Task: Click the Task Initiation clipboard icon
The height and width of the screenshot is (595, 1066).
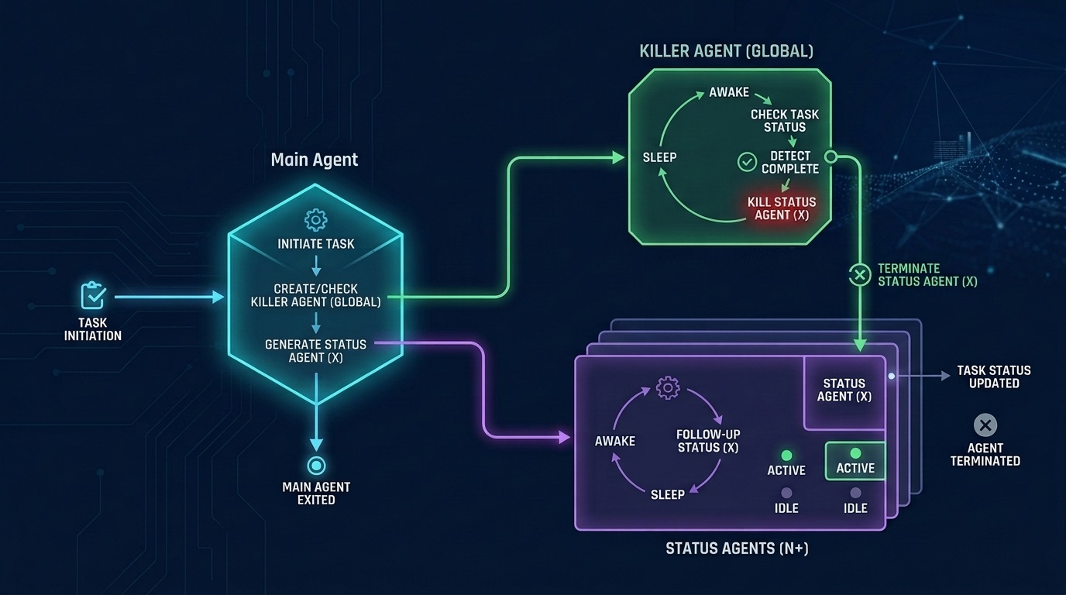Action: tap(93, 296)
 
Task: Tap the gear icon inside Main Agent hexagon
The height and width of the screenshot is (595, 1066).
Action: tap(315, 219)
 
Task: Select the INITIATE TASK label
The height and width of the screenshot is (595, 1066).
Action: tap(316, 244)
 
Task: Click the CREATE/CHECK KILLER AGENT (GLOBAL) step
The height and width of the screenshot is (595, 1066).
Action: tap(316, 295)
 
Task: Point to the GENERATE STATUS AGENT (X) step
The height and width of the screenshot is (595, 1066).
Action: tap(315, 351)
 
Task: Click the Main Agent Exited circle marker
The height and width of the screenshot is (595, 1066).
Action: tap(316, 466)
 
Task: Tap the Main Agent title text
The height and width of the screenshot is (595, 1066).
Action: tap(315, 160)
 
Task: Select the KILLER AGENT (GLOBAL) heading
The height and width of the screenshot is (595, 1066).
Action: tap(726, 52)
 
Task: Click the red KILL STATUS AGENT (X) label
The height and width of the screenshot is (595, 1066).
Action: tap(782, 208)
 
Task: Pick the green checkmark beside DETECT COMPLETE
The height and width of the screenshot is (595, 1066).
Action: tap(746, 162)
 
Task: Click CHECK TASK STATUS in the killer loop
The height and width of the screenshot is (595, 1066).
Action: tap(784, 121)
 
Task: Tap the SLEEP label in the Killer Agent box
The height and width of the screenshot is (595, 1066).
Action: tap(659, 157)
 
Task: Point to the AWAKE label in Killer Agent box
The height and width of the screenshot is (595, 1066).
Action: tap(729, 93)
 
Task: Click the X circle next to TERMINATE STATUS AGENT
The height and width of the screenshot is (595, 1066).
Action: tap(860, 274)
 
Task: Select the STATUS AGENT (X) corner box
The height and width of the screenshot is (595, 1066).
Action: tap(844, 390)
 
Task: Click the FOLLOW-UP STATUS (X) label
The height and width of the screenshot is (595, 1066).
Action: tap(707, 441)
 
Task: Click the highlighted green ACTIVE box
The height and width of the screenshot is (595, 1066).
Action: tap(855, 461)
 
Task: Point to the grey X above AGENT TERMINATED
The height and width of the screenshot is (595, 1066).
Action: tap(985, 425)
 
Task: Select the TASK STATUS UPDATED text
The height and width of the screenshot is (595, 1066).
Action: tap(993, 377)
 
